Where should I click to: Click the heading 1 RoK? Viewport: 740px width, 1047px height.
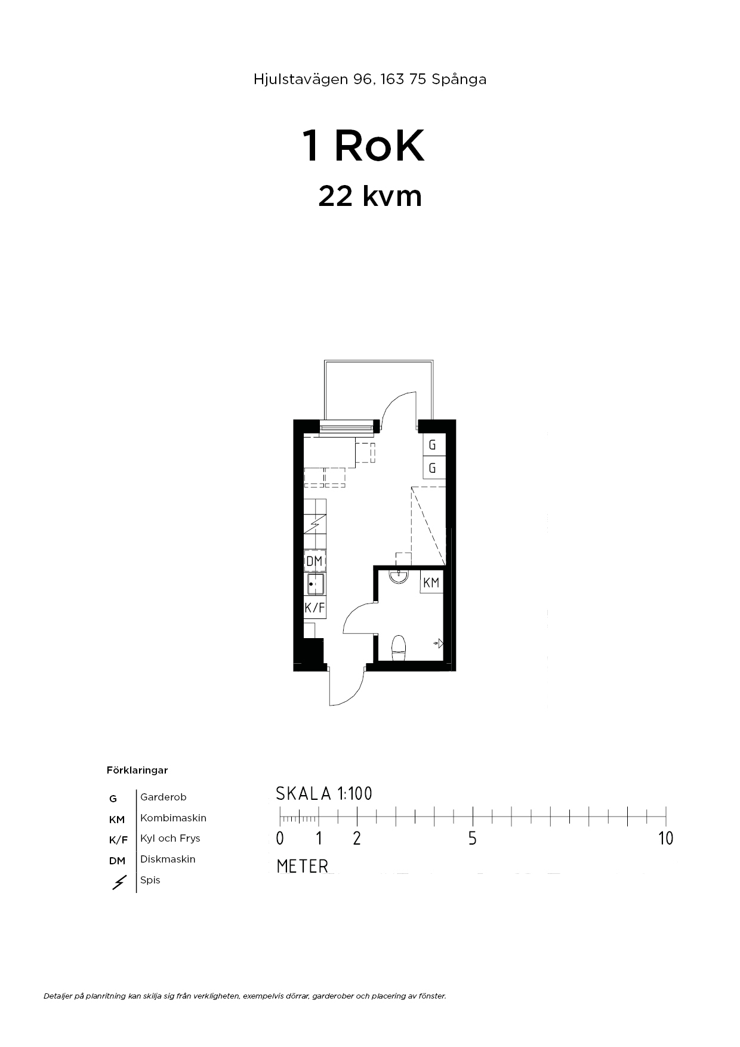click(364, 146)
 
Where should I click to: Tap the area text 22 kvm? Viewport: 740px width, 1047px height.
click(370, 196)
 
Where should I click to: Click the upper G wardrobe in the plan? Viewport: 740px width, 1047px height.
click(434, 445)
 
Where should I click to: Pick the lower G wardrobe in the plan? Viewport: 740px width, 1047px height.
click(434, 468)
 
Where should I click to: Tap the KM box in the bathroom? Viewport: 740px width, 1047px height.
click(431, 583)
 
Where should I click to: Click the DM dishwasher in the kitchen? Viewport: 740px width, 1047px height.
click(314, 561)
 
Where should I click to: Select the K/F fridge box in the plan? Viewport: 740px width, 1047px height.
click(314, 608)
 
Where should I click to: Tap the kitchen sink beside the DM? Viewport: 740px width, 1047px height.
click(315, 584)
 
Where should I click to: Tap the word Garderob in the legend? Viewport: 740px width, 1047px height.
click(164, 797)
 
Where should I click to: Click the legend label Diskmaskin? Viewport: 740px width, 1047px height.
click(168, 859)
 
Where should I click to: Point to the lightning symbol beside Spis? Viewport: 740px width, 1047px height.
click(119, 882)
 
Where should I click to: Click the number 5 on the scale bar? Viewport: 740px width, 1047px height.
click(473, 838)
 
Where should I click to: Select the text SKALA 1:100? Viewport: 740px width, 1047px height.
click(324, 793)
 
